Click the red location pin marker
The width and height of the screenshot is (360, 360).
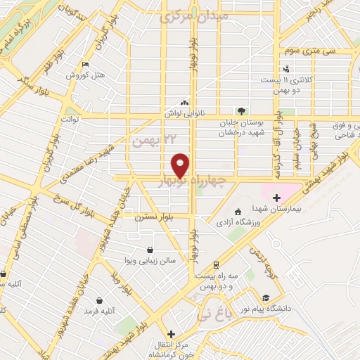click(181, 165)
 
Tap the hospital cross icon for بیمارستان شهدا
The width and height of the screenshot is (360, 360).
click(276, 198)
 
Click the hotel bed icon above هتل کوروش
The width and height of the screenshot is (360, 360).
click(85, 64)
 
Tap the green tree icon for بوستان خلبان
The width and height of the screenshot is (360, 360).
click(241, 111)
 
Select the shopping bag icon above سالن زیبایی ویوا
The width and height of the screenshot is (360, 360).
click(150, 250)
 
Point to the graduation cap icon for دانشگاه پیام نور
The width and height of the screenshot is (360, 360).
click(266, 297)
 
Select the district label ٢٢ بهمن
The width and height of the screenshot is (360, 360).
click(152, 141)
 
